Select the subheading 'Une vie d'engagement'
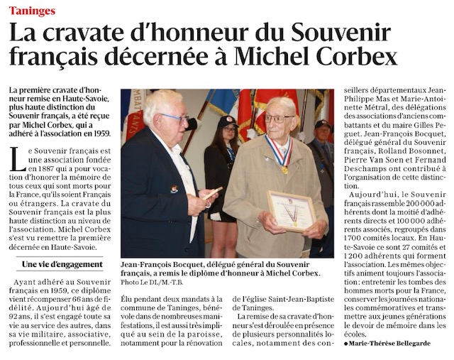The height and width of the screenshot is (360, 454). click(62, 264)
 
